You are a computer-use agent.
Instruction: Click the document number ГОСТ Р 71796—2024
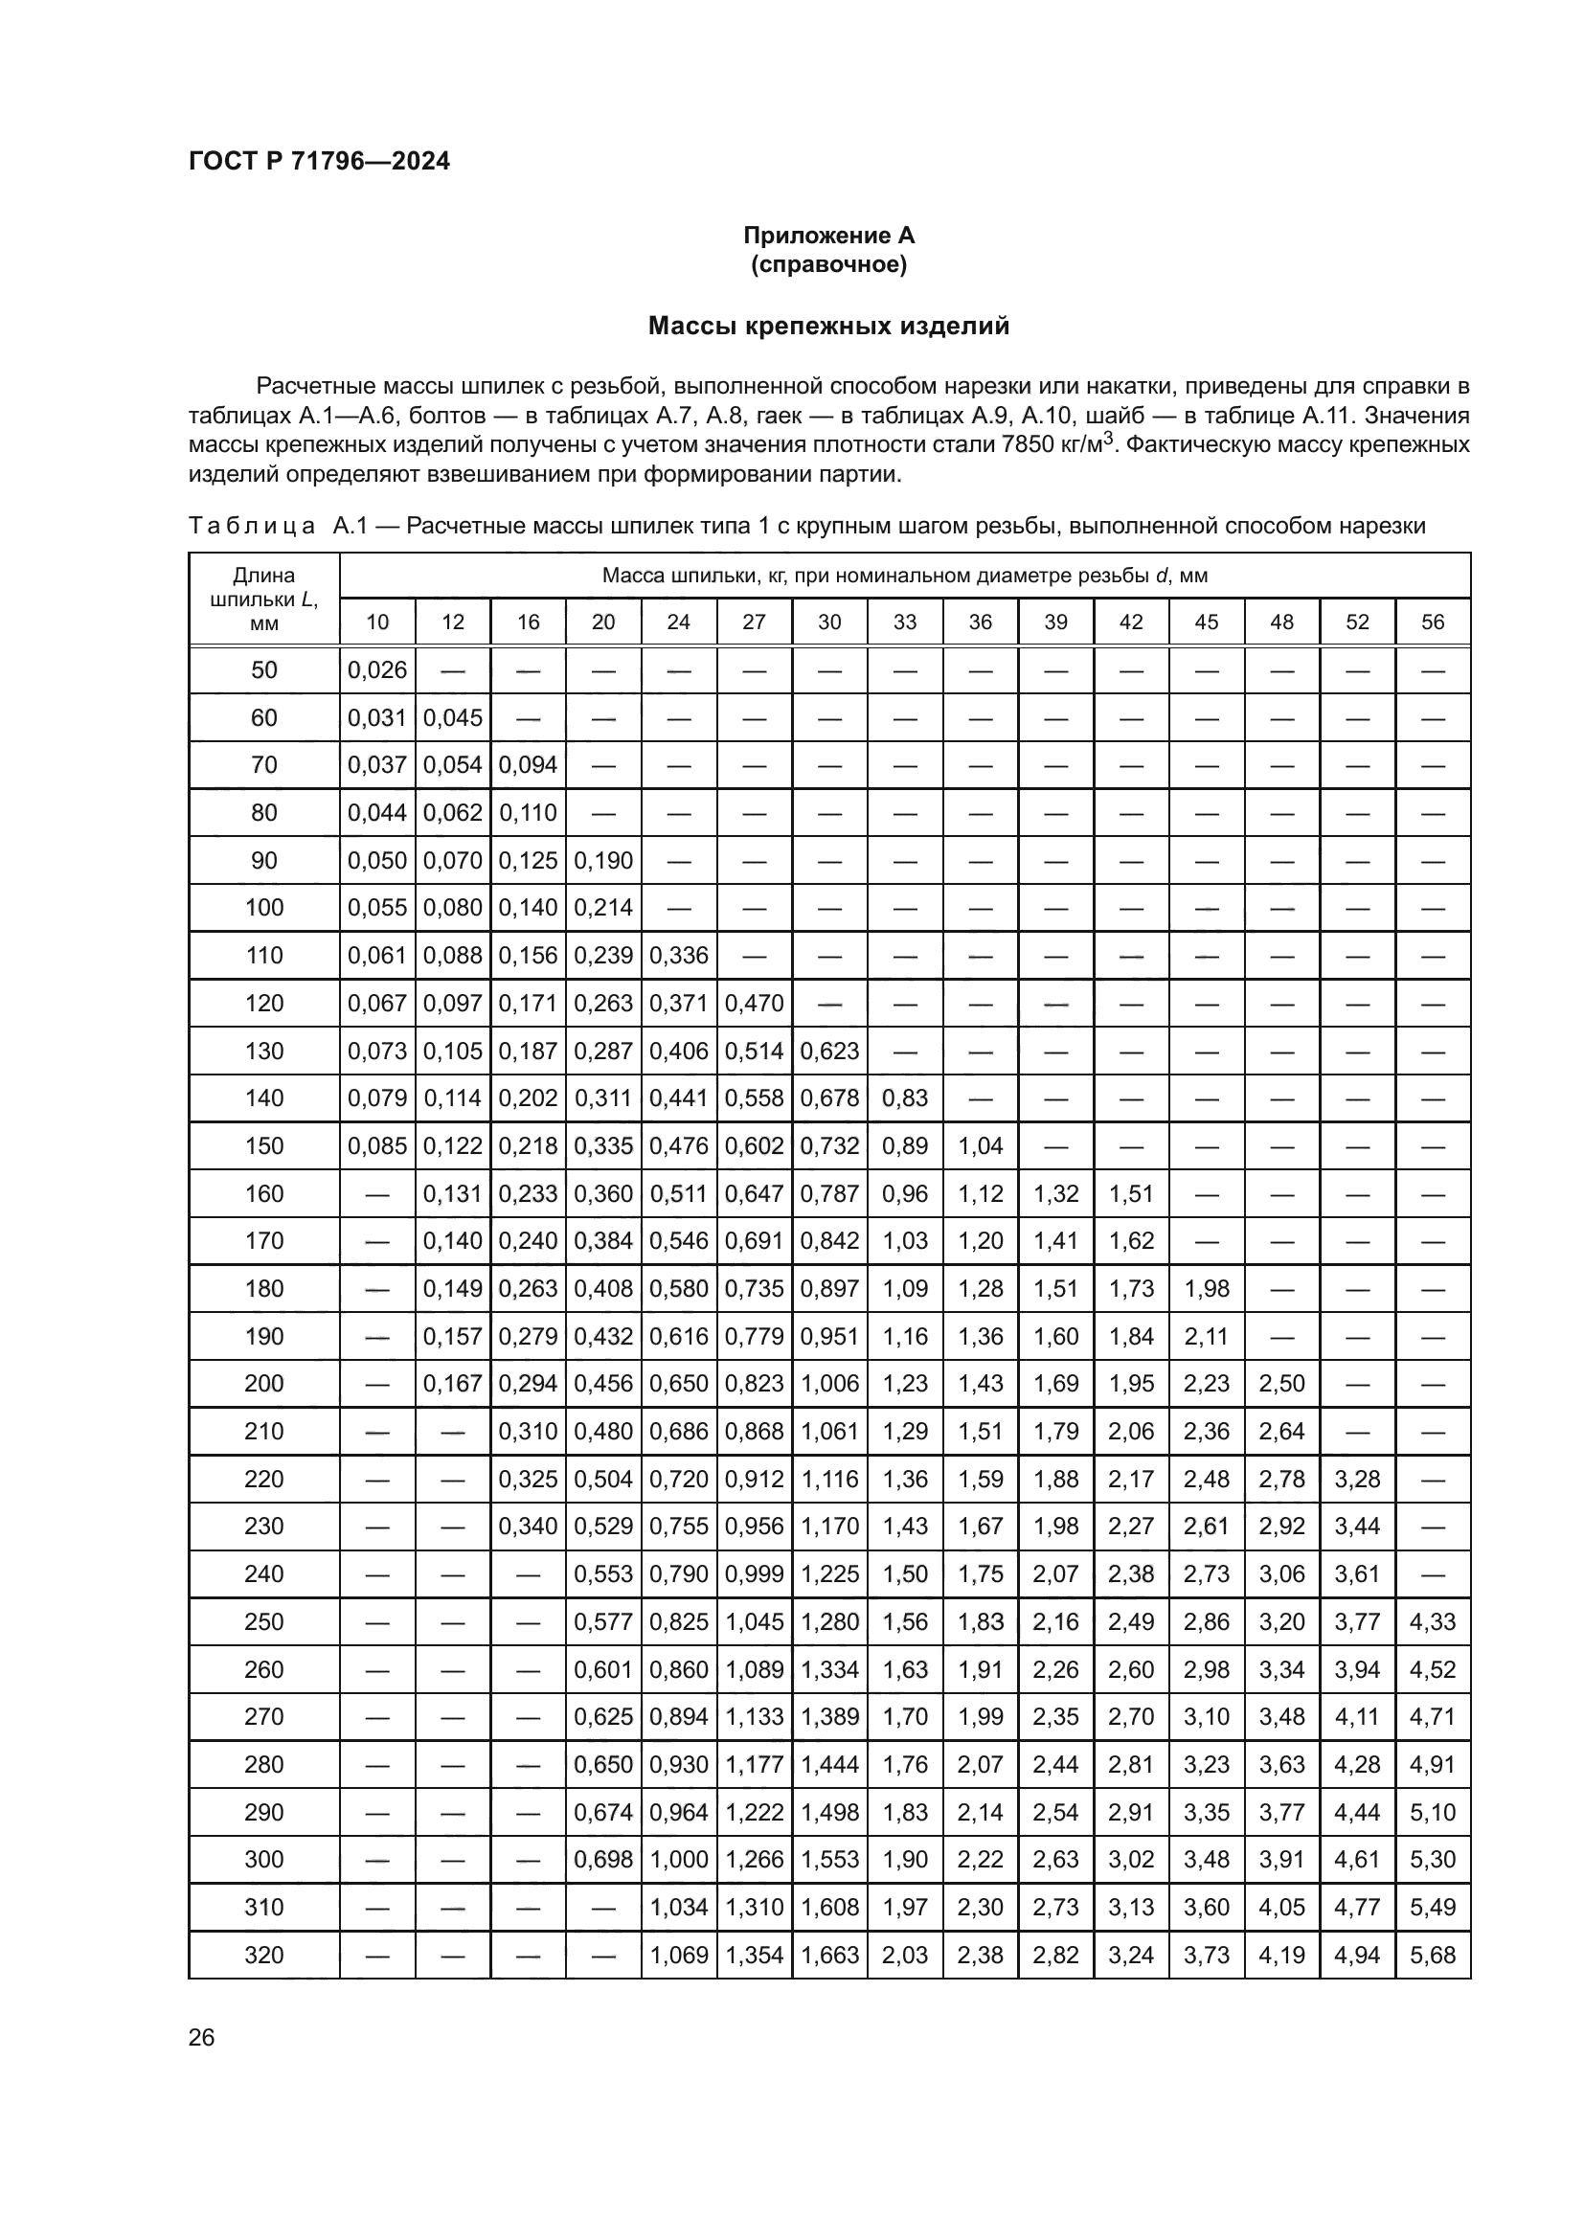tap(319, 162)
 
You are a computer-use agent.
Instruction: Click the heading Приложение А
tap(828, 236)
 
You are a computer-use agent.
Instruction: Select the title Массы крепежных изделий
tap(828, 326)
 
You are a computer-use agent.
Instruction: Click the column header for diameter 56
tap(1432, 622)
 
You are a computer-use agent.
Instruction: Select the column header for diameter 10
tap(376, 622)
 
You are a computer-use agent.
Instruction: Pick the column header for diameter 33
tap(904, 622)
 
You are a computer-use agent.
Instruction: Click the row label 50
tap(263, 670)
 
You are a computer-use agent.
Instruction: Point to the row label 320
tap(263, 1956)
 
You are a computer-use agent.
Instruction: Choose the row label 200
tap(263, 1384)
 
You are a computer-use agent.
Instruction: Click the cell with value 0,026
tap(376, 670)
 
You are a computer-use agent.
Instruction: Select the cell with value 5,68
tap(1432, 1956)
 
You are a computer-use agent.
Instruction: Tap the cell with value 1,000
tap(678, 1860)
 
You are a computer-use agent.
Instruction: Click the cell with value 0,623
tap(829, 1051)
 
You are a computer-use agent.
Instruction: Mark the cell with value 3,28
tap(1357, 1479)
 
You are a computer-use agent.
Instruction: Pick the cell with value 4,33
tap(1432, 1621)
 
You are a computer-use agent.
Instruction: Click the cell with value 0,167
tap(453, 1384)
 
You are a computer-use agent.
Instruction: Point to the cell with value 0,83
tap(904, 1098)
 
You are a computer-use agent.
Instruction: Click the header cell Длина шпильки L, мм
tap(263, 599)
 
